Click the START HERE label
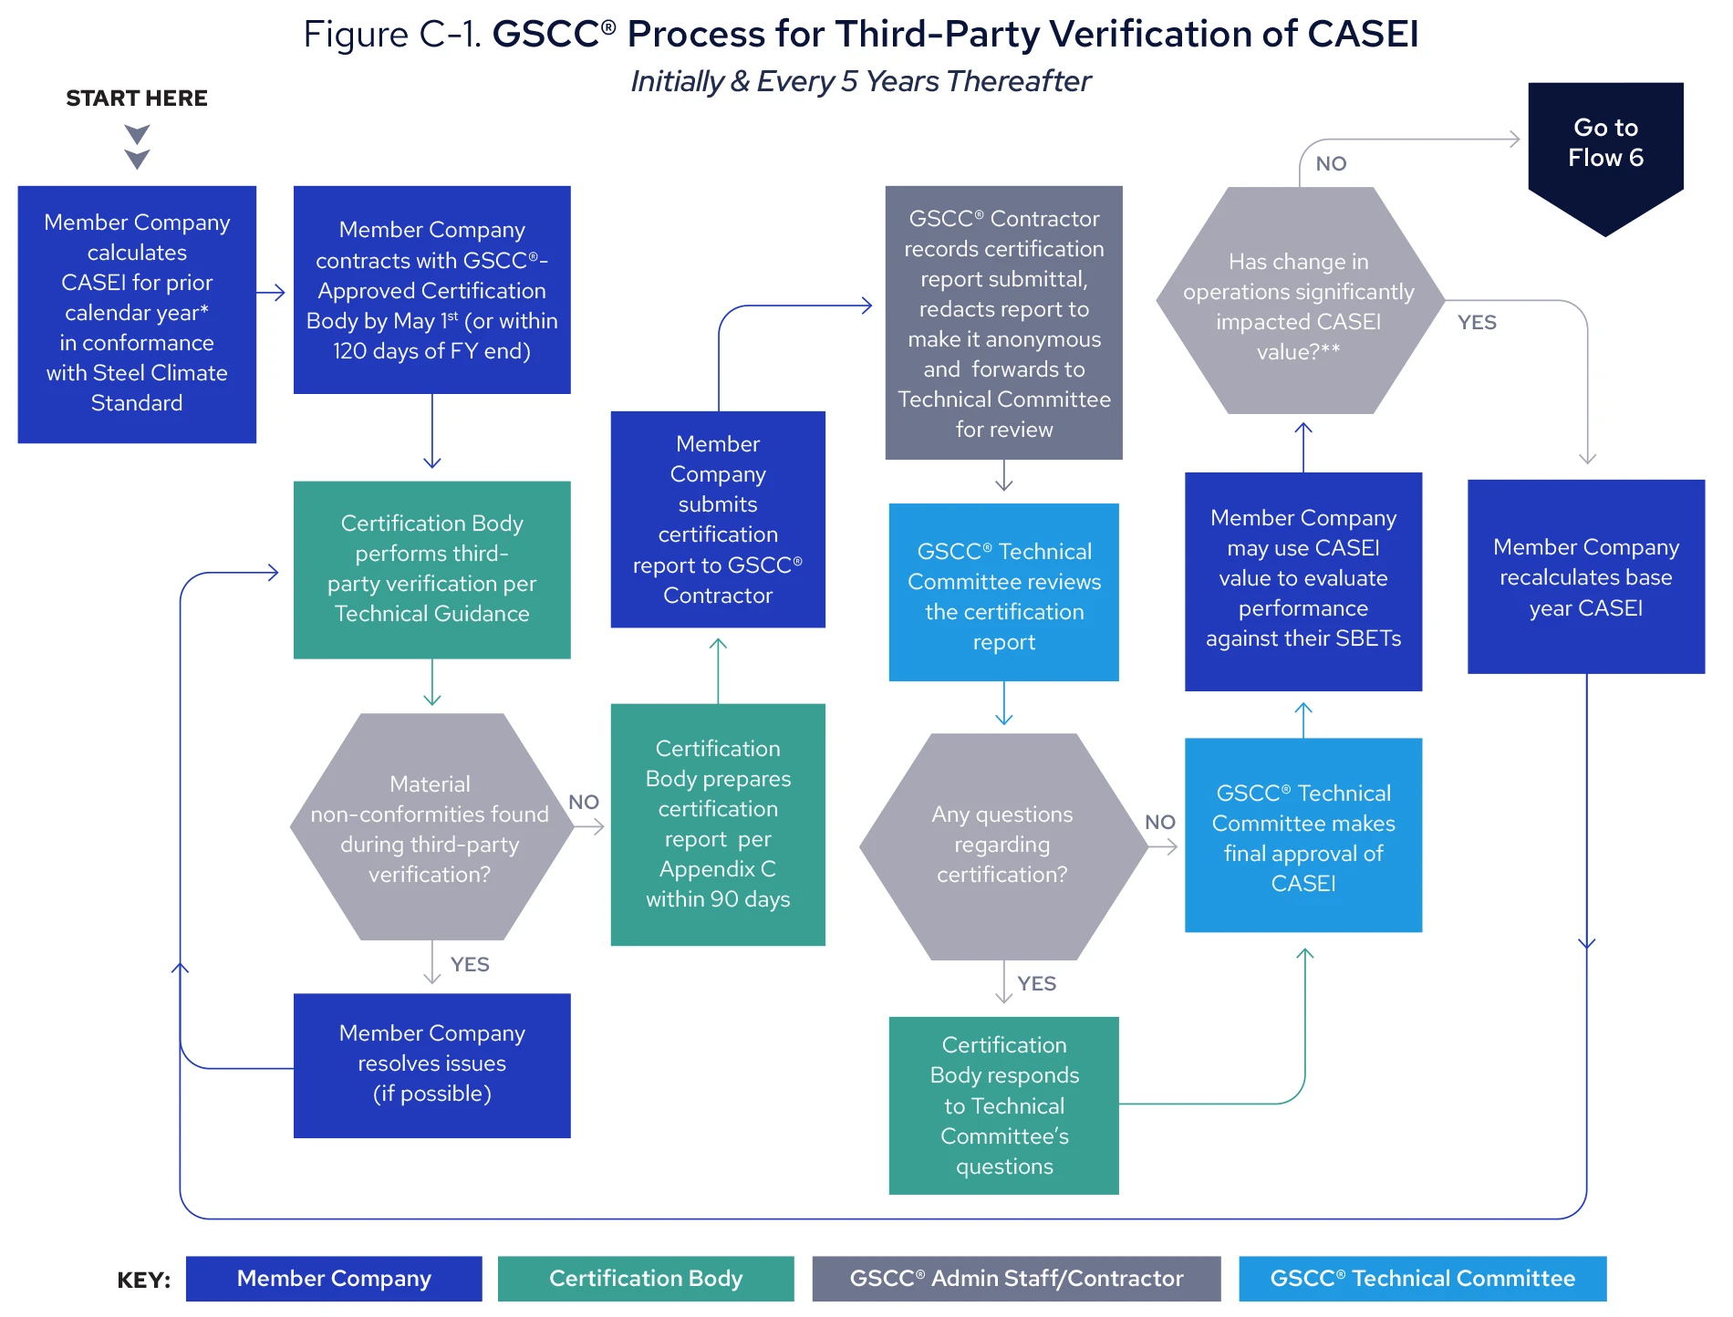pyautogui.click(x=137, y=98)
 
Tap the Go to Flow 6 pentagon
pyautogui.click(x=1605, y=146)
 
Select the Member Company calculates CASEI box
pyautogui.click(x=137, y=313)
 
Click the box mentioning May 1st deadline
pyautogui.click(x=431, y=290)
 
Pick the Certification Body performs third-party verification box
pyautogui.click(x=431, y=569)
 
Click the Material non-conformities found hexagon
pyautogui.click(x=430, y=827)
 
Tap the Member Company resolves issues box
pyautogui.click(x=431, y=1064)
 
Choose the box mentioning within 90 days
pyautogui.click(x=718, y=824)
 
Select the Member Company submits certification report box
pyautogui.click(x=718, y=519)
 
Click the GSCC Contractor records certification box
pyautogui.click(x=1003, y=323)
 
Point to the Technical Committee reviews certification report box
pyautogui.click(x=1003, y=593)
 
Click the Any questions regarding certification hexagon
pyautogui.click(x=1001, y=845)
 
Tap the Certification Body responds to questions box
pyautogui.click(x=1003, y=1104)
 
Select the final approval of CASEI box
pyautogui.click(x=1302, y=835)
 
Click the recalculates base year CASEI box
pyautogui.click(x=1585, y=576)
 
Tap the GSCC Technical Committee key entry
pyautogui.click(x=1422, y=1278)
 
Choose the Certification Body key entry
pyautogui.click(x=645, y=1278)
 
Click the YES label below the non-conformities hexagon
pyautogui.click(x=469, y=965)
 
